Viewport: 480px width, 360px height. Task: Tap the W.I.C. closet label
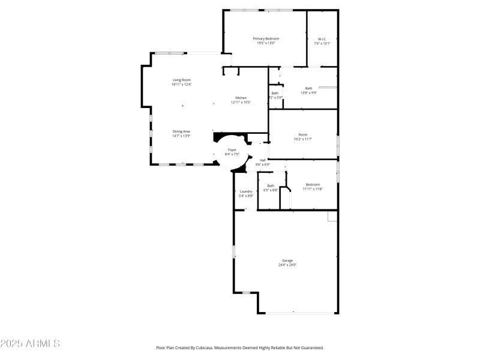click(x=322, y=38)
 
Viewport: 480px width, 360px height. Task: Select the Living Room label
click(x=181, y=80)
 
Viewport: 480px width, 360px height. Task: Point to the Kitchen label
click(x=241, y=98)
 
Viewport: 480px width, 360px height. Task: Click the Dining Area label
click(x=181, y=131)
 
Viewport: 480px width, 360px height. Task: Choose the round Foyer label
click(x=231, y=150)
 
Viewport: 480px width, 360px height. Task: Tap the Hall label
click(x=263, y=160)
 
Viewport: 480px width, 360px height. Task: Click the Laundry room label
click(x=246, y=191)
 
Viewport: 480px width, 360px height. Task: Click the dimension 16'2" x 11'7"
click(x=303, y=139)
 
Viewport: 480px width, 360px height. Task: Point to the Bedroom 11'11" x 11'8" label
click(x=313, y=185)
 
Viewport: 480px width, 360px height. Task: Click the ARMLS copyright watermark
click(x=30, y=344)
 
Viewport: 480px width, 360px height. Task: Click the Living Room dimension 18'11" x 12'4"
click(x=181, y=85)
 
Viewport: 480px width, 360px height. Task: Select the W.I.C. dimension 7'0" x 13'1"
click(x=322, y=43)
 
